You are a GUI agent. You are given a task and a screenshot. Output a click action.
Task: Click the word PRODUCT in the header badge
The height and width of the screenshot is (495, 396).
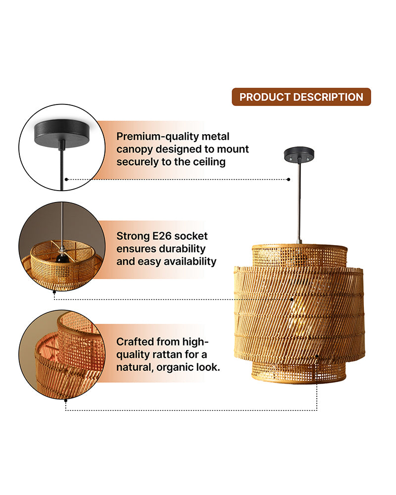[262, 97]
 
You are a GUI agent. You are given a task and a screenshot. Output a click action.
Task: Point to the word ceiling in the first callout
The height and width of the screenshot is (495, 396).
[208, 162]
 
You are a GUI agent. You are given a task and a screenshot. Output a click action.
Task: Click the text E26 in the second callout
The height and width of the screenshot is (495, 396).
[168, 236]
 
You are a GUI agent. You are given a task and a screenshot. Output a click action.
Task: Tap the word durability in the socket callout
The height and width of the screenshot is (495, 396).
[180, 249]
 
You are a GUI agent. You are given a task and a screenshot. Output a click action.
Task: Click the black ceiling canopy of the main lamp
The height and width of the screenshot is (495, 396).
[299, 154]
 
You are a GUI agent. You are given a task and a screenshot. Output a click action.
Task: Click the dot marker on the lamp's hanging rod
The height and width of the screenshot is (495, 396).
[289, 180]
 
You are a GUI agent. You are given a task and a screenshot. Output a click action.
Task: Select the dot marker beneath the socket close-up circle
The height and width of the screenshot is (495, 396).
[53, 292]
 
